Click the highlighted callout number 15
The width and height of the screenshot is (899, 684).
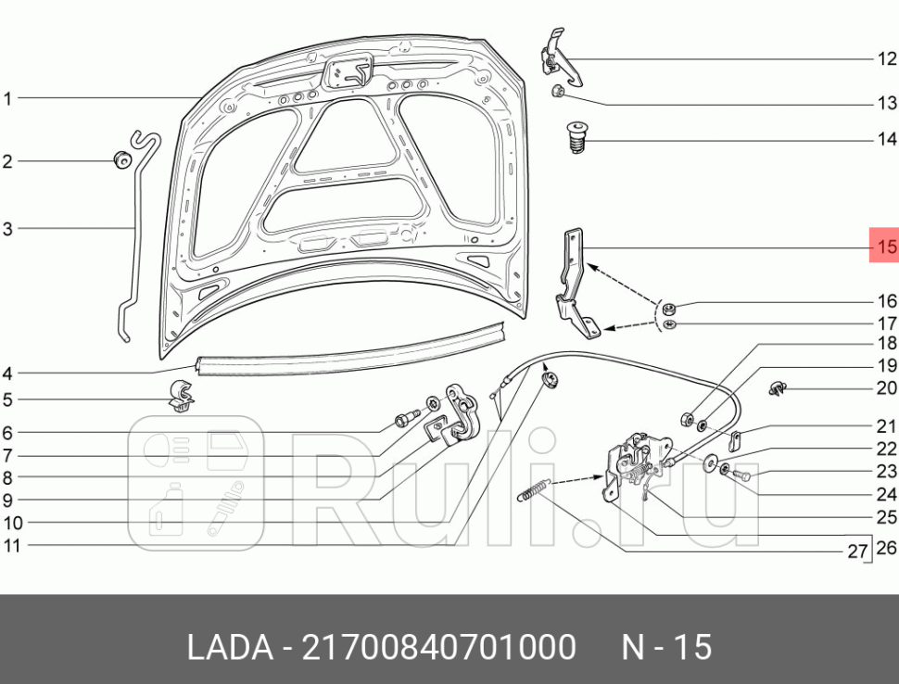(886, 247)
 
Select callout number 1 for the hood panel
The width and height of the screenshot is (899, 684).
(8, 98)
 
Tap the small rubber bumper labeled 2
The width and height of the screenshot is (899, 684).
(120, 160)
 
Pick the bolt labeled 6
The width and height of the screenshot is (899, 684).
(405, 421)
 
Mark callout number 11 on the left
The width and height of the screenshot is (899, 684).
(10, 546)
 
